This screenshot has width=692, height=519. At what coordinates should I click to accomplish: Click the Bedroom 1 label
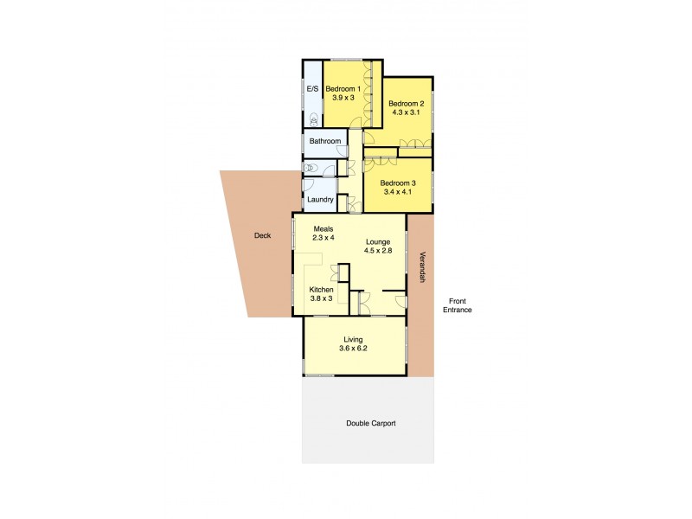(344, 89)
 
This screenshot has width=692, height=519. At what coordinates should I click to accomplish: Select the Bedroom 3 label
(399, 183)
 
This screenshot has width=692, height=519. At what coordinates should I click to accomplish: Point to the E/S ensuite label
(311, 89)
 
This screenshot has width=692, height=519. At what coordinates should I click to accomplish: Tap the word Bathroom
(324, 141)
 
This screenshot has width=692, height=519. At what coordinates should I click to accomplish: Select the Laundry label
(320, 200)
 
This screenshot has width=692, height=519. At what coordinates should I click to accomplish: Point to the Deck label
(263, 235)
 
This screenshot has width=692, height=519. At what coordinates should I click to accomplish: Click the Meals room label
(324, 228)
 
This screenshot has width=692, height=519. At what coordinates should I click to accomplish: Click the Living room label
(352, 340)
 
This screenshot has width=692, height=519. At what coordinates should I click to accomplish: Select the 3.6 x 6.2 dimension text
(353, 349)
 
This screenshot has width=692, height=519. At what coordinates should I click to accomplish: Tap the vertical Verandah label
(422, 267)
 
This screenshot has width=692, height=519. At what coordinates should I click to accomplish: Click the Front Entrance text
(457, 304)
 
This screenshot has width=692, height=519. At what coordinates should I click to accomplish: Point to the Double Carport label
(370, 423)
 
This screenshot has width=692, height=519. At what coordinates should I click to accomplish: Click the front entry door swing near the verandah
(400, 300)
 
